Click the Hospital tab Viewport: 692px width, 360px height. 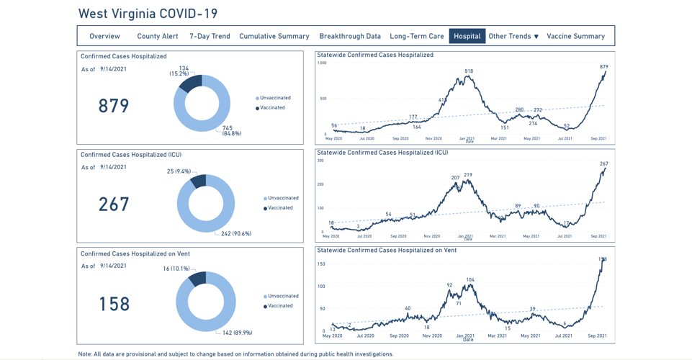coord(467,36)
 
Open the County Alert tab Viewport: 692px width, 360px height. coord(158,36)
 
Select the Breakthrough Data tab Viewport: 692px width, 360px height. coord(350,36)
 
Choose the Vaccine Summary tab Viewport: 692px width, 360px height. coord(575,36)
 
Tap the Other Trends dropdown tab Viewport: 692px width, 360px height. coord(513,36)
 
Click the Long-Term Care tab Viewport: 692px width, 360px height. coord(417,36)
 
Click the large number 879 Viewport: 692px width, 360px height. coord(114,106)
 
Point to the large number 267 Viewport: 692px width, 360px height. coord(114,204)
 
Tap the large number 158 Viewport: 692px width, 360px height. coord(114,303)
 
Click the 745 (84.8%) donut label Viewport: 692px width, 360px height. coord(231,130)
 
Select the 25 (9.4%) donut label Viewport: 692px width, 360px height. coord(179,171)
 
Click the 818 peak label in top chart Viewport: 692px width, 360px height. coord(469,71)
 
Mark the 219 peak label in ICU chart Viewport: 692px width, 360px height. coord(468,175)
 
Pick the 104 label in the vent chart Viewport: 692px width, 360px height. coord(470,279)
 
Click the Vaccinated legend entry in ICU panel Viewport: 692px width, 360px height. coord(280,208)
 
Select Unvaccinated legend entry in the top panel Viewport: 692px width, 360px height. coord(274,98)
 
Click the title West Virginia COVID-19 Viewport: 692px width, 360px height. coord(148,14)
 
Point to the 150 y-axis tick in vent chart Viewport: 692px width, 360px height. coord(321,264)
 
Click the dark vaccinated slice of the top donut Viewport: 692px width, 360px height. coord(192,83)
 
